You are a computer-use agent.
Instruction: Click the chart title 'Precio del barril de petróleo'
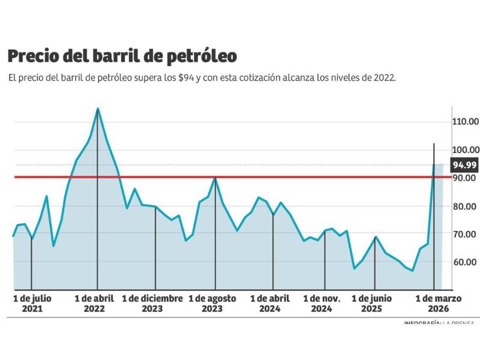[x=122, y=56]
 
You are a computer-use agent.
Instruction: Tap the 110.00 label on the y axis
[x=466, y=122]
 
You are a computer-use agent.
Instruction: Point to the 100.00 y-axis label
[x=466, y=150]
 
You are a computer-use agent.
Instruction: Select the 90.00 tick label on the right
[x=465, y=178]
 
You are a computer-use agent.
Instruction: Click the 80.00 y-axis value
[x=465, y=206]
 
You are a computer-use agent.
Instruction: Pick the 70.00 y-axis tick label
[x=465, y=234]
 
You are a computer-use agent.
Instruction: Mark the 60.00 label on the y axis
[x=465, y=262]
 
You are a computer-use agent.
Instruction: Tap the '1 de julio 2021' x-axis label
[x=32, y=304]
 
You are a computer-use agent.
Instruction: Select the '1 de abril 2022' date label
[x=94, y=304]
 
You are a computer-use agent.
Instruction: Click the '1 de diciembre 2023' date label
[x=152, y=304]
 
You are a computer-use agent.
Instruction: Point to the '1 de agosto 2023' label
[x=212, y=304]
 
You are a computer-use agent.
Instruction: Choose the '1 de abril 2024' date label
[x=270, y=304]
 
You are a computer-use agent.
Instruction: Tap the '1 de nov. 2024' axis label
[x=322, y=304]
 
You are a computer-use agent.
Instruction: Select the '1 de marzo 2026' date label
[x=439, y=304]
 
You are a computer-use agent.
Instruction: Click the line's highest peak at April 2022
[x=98, y=109]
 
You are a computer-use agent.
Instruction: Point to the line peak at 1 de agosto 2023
[x=215, y=178]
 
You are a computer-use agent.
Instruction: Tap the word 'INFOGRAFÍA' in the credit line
[x=422, y=323]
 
